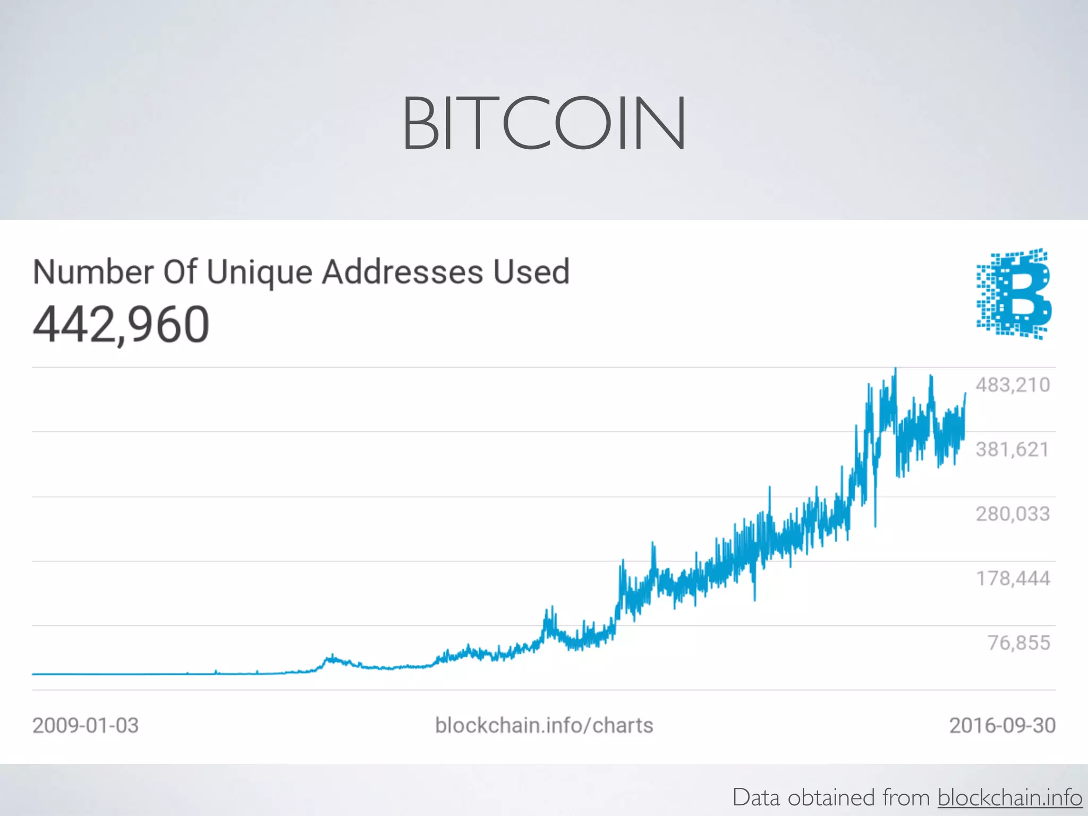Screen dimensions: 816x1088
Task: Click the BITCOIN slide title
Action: click(543, 123)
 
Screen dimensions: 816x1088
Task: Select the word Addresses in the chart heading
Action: click(403, 272)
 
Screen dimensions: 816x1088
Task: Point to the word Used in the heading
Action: click(531, 272)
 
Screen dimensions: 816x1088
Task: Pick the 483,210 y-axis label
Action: click(1013, 385)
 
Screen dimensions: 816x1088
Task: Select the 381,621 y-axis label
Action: click(1013, 449)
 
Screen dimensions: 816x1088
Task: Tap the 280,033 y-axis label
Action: click(1013, 514)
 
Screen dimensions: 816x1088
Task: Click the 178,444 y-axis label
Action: click(1013, 578)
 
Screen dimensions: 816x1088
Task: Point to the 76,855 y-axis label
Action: click(1018, 643)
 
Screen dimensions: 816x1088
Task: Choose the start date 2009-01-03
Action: click(86, 725)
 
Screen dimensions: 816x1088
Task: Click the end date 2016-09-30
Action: click(1002, 725)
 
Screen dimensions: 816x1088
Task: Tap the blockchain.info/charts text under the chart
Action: click(544, 725)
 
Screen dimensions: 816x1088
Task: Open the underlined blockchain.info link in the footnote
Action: click(1009, 797)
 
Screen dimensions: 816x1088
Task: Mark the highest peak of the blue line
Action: click(896, 369)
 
